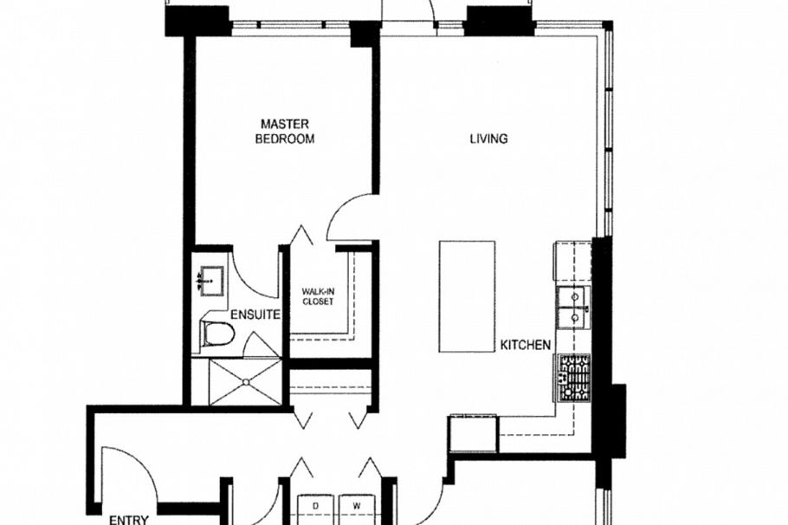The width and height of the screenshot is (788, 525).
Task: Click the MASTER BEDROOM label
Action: pos(284,131)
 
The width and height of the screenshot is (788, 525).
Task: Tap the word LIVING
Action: pos(488,139)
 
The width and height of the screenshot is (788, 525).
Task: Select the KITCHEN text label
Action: pos(525,345)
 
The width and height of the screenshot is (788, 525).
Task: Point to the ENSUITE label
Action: pos(255,315)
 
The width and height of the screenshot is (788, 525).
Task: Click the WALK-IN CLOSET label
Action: pos(318,296)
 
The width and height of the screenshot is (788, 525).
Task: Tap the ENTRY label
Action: pos(128,520)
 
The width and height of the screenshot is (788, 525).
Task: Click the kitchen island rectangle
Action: pos(467,295)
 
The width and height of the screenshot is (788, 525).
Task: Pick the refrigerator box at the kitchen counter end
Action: pos(473,433)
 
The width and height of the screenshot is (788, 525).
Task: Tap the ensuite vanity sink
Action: pos(210,281)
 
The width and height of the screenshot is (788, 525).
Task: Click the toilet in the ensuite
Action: pos(218,334)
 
